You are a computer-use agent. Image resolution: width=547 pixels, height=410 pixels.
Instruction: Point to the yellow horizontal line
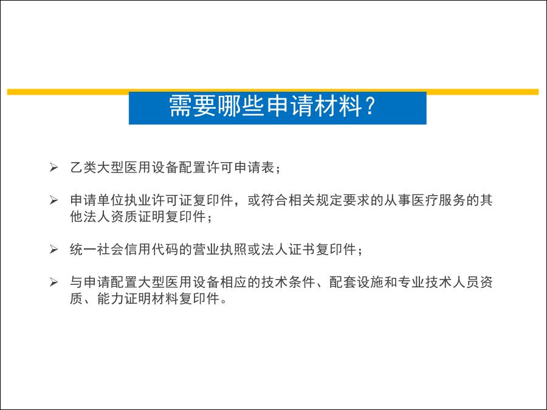tap(273, 92)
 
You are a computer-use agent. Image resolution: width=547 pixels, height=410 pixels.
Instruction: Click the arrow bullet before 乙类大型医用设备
tap(53, 168)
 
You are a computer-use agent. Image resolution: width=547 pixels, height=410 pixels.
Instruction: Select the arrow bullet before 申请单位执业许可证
tap(53, 200)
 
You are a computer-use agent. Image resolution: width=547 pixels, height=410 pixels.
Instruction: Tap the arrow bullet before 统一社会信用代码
tap(53, 249)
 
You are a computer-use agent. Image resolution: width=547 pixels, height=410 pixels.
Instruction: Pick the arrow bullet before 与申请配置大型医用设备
tap(53, 282)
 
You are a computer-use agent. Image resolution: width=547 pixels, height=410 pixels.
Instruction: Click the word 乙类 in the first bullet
tap(83, 168)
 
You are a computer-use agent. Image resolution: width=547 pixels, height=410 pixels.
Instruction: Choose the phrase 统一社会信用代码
tap(124, 249)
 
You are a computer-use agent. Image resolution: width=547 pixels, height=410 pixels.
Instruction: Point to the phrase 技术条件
tap(288, 282)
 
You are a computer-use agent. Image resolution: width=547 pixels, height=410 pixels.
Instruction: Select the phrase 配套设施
tap(356, 282)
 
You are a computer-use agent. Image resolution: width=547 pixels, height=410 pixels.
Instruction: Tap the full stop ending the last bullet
tap(224, 302)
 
